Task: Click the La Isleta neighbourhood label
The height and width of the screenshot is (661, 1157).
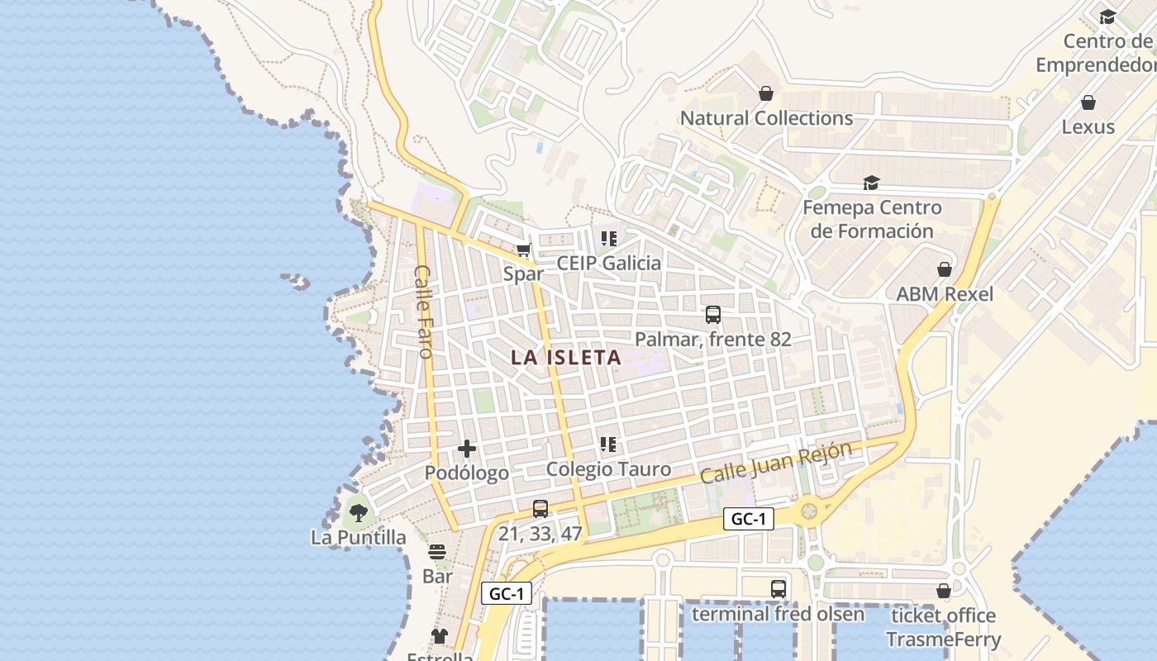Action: point(566,358)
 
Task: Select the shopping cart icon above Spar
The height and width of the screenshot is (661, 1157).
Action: point(523,250)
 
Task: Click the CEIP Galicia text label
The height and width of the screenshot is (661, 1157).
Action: point(609,264)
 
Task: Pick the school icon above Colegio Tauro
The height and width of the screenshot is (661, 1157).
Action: point(608,445)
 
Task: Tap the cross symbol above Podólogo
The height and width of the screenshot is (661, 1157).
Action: point(467,449)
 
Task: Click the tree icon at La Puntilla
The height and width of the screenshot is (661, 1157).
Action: point(358,513)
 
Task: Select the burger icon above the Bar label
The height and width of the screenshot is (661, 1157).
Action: point(437,551)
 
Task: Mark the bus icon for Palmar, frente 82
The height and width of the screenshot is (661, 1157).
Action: point(713,314)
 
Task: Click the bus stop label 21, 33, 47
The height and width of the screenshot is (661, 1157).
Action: point(540,534)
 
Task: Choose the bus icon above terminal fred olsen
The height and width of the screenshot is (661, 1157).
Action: point(778,588)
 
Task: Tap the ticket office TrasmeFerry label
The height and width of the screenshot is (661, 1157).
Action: point(943,628)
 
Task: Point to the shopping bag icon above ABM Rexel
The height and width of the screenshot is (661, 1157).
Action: point(945,269)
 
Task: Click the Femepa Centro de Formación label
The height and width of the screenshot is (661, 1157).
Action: point(872,219)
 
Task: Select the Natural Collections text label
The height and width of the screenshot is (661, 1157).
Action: point(766,118)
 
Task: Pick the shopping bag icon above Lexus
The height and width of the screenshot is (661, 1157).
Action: point(1088,102)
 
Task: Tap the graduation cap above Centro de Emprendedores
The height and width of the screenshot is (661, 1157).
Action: point(1107,17)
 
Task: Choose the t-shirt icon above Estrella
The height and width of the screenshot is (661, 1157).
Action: point(440,635)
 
